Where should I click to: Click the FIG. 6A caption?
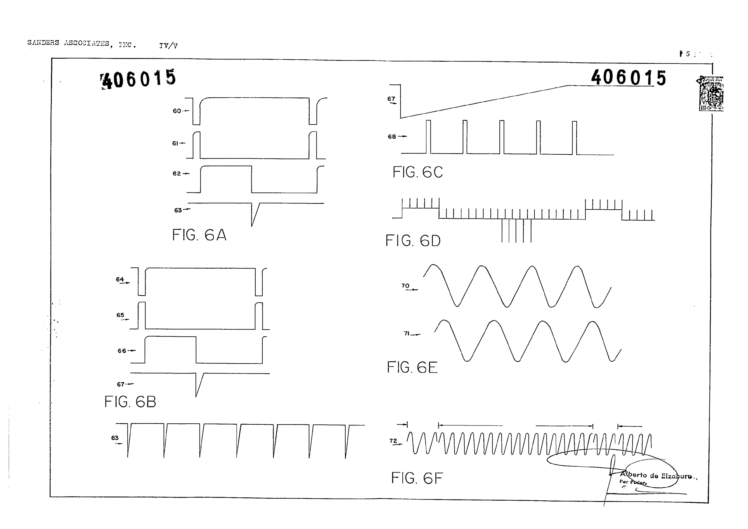point(199,235)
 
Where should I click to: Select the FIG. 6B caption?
point(130,402)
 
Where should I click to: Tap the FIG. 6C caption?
point(417,172)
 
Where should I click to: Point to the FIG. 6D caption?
point(413,241)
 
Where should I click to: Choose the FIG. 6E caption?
point(412,367)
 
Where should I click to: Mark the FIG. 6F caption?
point(417,478)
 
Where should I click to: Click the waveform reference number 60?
point(177,111)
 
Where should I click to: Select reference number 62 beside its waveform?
point(176,173)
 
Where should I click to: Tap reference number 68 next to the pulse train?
point(392,137)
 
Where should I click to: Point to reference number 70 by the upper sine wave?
point(405,286)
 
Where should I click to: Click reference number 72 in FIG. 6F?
point(393,441)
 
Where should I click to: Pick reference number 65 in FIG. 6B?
point(120,315)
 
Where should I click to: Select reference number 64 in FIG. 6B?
point(120,279)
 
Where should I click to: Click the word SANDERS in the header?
point(43,42)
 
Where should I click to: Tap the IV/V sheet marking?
point(168,46)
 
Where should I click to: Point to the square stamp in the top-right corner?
point(711,94)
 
